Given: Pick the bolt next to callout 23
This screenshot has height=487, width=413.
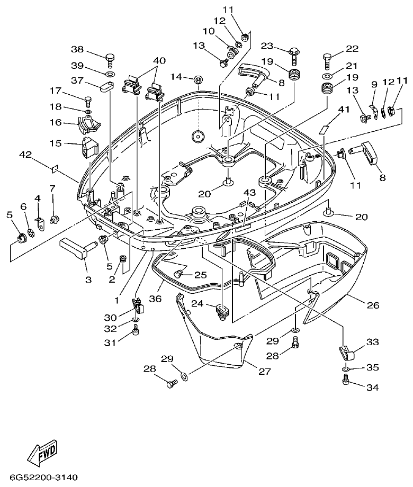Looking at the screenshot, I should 294,55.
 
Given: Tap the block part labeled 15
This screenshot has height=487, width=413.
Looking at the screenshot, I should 88,147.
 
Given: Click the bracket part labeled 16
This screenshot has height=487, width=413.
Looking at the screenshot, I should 88,125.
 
